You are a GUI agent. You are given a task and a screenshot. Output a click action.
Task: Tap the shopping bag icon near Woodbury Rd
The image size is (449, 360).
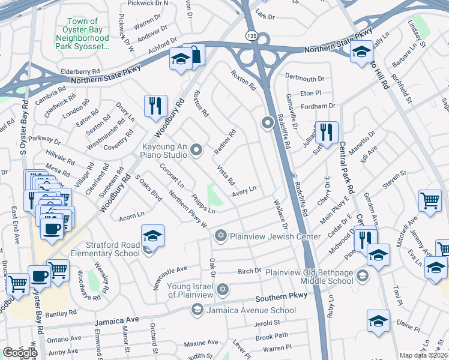point(194,55)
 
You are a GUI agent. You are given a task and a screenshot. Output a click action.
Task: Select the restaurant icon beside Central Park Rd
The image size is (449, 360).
point(327,132)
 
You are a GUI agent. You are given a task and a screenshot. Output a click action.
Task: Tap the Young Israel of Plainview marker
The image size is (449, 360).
point(223,290)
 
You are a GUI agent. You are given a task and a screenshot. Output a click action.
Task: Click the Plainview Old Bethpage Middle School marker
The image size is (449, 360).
point(362,276)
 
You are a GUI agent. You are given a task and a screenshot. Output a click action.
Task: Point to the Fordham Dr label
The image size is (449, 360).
point(318,106)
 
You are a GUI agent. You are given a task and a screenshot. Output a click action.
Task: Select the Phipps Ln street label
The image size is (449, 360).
point(203,203)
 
